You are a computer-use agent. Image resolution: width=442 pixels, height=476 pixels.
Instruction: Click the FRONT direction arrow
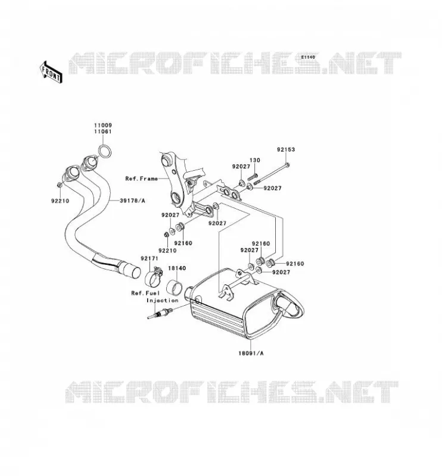51,72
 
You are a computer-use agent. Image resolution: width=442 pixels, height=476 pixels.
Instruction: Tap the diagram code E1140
308,57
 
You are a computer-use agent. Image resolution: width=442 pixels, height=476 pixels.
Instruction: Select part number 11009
102,125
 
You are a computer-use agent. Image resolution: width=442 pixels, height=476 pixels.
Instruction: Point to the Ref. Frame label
141,179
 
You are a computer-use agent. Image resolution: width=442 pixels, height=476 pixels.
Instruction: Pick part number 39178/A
132,201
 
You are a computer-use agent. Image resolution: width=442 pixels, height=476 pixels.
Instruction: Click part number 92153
286,149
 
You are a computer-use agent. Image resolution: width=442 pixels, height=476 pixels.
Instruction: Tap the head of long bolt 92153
288,165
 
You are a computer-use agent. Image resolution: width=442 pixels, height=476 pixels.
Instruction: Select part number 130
255,160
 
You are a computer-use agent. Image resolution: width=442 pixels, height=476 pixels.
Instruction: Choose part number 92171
150,258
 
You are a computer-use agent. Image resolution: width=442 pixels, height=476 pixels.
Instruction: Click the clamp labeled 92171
153,276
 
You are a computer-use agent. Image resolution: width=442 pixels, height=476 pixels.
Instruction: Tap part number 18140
177,268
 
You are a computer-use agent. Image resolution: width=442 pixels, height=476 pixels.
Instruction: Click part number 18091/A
251,353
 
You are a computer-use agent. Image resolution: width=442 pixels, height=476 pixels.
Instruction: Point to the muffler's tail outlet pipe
287,305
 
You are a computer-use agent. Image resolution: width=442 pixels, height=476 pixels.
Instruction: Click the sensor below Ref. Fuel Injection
160,314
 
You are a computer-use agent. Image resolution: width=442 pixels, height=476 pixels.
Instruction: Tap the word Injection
163,300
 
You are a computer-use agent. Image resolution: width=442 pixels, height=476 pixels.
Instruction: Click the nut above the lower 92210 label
166,234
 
